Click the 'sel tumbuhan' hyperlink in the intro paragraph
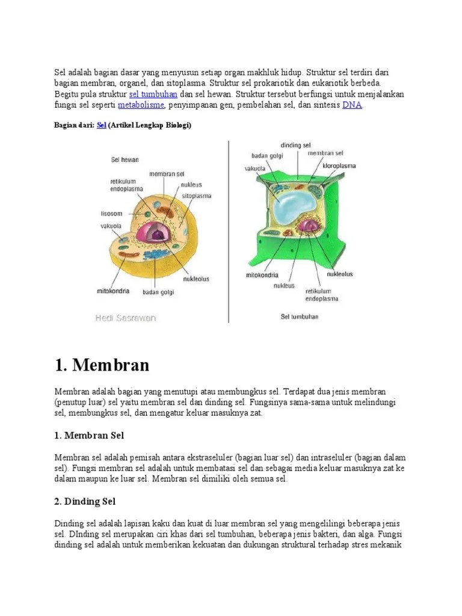tap(153, 94)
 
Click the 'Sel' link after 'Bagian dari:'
tap(101, 125)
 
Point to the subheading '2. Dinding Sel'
tap(85, 501)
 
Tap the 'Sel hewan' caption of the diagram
tap(125, 160)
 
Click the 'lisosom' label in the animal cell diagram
tap(111, 214)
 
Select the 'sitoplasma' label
tap(196, 196)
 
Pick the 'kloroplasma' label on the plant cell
tap(339, 165)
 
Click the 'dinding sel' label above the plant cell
tap(295, 146)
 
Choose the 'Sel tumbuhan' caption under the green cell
tap(299, 316)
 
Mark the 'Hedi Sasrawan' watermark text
tap(125, 318)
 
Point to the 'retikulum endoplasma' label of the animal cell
tap(123, 185)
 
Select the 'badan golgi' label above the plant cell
tap(266, 156)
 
